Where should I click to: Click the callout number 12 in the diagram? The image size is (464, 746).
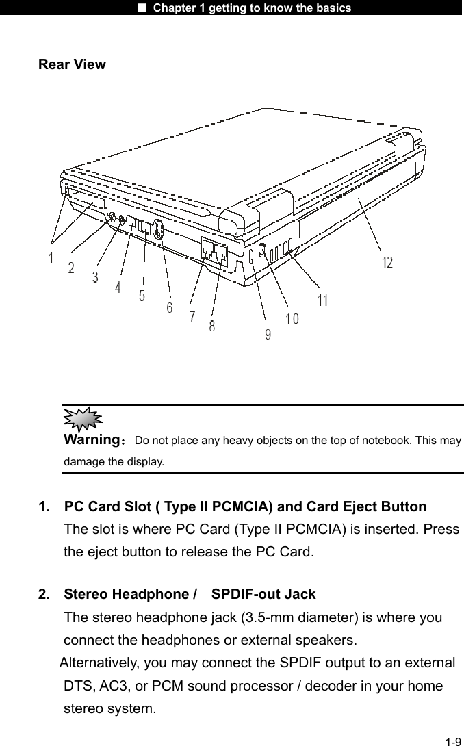pyautogui.click(x=387, y=263)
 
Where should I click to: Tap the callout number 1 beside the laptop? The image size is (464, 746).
pyautogui.click(x=51, y=259)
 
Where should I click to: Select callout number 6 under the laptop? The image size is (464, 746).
pyautogui.click(x=168, y=308)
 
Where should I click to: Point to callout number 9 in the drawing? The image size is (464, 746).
pyautogui.click(x=267, y=334)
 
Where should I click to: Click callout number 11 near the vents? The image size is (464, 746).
pyautogui.click(x=322, y=300)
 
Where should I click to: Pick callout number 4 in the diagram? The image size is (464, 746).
pyautogui.click(x=118, y=289)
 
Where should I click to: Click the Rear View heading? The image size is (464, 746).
pyautogui.click(x=72, y=65)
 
